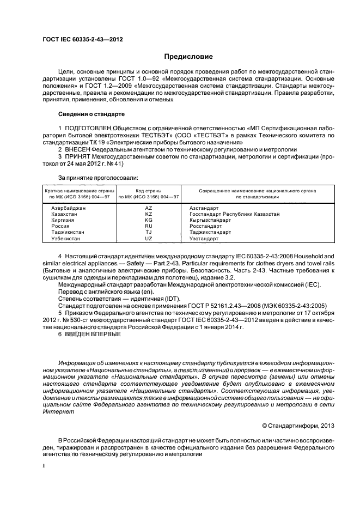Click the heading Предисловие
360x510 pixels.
[188, 57]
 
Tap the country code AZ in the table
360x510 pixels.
[149, 208]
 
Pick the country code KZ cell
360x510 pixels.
[149, 214]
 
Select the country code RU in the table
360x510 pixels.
[149, 226]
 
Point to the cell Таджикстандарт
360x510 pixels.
[210, 232]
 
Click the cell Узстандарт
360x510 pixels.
[204, 239]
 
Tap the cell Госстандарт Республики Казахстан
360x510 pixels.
[234, 214]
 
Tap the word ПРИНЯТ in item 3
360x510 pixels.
[78, 156]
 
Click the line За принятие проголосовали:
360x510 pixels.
[98, 178]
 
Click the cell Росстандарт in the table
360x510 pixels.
[205, 226]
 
